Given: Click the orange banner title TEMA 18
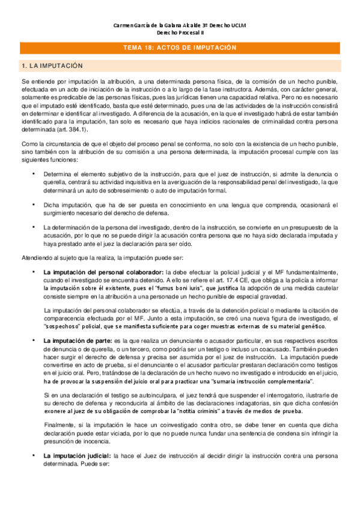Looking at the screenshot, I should [180, 48].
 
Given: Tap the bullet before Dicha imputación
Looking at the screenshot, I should [33, 204].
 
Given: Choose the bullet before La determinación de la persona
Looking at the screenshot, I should [33, 227].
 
